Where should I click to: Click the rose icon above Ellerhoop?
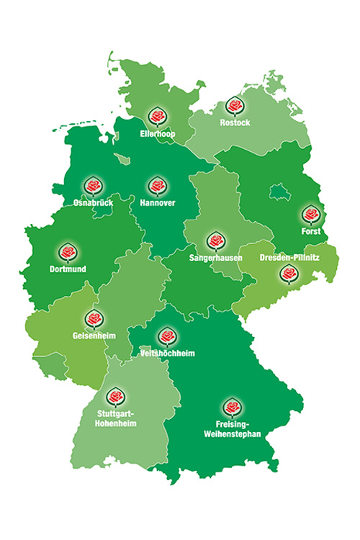157,116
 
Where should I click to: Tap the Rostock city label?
235,123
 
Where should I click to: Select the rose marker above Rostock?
234,106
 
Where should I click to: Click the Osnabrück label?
93,203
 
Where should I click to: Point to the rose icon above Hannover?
157,186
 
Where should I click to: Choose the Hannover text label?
157,204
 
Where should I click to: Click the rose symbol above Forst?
310,215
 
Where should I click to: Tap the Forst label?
310,232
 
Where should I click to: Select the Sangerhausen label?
215,257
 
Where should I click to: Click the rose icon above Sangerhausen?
215,240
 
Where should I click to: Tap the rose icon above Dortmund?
68,253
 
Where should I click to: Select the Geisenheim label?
94,336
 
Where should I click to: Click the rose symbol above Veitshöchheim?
167,336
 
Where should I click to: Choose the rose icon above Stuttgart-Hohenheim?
114,397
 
